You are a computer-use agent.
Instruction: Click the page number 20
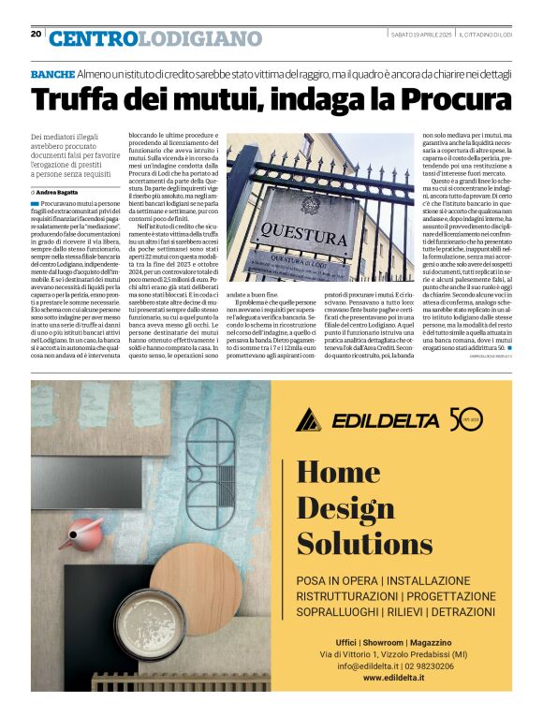pyautogui.click(x=36, y=34)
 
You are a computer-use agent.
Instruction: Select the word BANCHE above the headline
pyautogui.click(x=52, y=73)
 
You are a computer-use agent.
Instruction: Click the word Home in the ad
pyautogui.click(x=337, y=474)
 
